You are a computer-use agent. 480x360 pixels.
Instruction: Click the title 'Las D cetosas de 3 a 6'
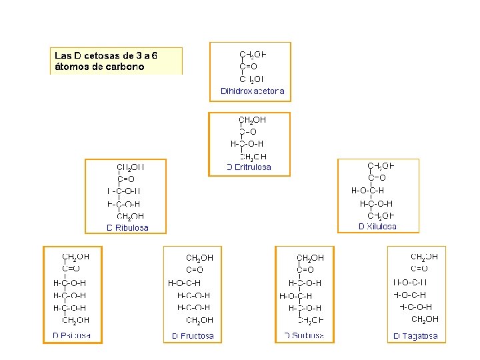[x=111, y=55]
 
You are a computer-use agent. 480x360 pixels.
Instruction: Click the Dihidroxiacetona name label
[x=252, y=91]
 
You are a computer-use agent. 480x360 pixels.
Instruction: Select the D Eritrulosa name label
[x=249, y=167]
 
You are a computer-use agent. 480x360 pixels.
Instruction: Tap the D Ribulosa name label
[x=127, y=227]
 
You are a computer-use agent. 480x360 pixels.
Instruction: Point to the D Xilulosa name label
[x=377, y=226]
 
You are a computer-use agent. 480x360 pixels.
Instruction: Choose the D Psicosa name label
[x=71, y=335]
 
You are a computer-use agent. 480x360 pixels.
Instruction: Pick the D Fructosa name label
[x=193, y=335]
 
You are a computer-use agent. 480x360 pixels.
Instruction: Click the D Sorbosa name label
[x=304, y=335]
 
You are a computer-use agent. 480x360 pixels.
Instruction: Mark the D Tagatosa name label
[x=415, y=335]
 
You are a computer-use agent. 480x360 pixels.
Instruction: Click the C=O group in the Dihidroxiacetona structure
[x=248, y=67]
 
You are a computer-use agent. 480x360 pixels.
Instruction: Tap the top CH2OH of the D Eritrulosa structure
[x=252, y=120]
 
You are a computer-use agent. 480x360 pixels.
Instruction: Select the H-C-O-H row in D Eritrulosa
[x=247, y=143]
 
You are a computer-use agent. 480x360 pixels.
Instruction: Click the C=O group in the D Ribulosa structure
[x=126, y=179]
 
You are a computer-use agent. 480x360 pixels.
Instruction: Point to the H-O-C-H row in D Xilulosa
[x=367, y=190]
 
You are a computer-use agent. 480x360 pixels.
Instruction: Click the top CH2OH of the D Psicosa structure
[x=75, y=256]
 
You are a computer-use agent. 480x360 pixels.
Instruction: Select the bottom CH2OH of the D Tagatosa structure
[x=425, y=319]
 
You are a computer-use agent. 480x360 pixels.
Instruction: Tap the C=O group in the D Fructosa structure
[x=195, y=270]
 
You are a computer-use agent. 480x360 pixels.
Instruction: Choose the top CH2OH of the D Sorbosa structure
[x=310, y=257]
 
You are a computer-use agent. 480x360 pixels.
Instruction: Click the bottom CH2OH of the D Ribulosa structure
[x=130, y=216]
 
